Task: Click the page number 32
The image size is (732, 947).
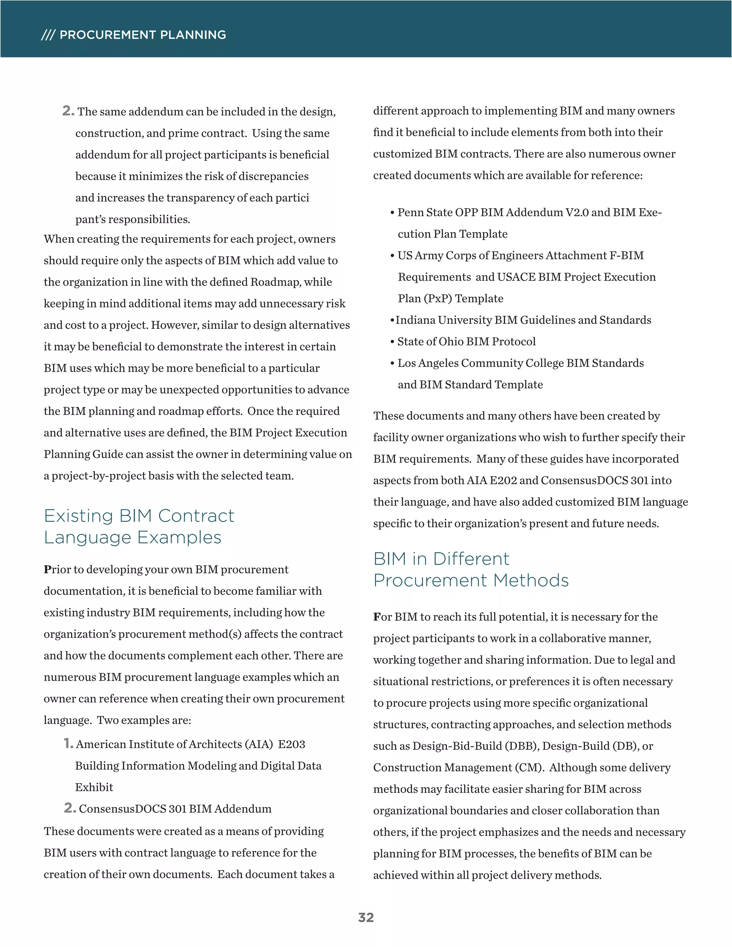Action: tap(366, 917)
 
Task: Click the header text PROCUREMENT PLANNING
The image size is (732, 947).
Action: tap(143, 35)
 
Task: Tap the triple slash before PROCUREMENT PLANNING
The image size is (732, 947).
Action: tap(48, 35)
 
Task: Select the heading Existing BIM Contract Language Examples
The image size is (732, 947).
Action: tap(139, 526)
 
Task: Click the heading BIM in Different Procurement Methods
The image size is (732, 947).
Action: tap(470, 569)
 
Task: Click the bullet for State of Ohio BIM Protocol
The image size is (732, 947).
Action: tap(392, 342)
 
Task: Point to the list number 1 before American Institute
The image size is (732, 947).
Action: tap(68, 743)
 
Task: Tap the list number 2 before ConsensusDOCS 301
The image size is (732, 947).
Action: tap(69, 808)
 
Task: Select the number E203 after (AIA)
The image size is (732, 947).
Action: tap(291, 744)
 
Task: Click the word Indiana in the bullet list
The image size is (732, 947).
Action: tap(415, 320)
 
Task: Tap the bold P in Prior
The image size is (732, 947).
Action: tap(47, 570)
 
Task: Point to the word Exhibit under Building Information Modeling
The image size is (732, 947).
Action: tap(94, 787)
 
